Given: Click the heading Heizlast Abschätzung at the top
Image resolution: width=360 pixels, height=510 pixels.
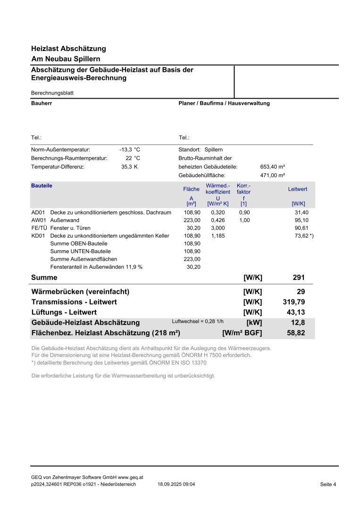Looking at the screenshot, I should click(68, 49).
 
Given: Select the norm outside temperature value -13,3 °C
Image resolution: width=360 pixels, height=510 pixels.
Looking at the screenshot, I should click(130, 149).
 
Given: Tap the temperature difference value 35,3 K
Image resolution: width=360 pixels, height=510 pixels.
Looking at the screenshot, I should click(129, 167).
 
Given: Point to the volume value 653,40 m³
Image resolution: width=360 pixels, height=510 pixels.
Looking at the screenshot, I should click(273, 167).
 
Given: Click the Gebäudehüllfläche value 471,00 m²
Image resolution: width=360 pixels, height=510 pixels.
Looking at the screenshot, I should click(273, 175).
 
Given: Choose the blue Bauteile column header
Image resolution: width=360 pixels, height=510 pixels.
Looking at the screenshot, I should click(42, 186).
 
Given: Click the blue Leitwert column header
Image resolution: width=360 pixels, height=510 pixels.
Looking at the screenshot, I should click(298, 189).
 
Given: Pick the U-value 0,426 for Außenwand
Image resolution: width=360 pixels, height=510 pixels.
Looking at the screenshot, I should click(218, 221).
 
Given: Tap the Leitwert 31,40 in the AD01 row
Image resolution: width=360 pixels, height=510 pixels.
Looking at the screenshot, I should click(301, 212).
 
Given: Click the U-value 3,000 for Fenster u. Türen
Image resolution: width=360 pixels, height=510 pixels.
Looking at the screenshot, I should click(218, 228).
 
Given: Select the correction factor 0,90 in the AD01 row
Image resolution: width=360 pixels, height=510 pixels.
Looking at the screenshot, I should click(244, 212).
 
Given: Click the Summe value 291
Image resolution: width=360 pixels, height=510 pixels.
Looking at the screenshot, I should click(299, 278).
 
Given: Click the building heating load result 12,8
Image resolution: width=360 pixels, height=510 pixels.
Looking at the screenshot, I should click(298, 323).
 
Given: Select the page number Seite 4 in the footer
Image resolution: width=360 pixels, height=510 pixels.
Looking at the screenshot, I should click(328, 484).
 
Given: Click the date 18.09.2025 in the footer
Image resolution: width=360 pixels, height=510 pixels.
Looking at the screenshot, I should click(176, 484).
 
